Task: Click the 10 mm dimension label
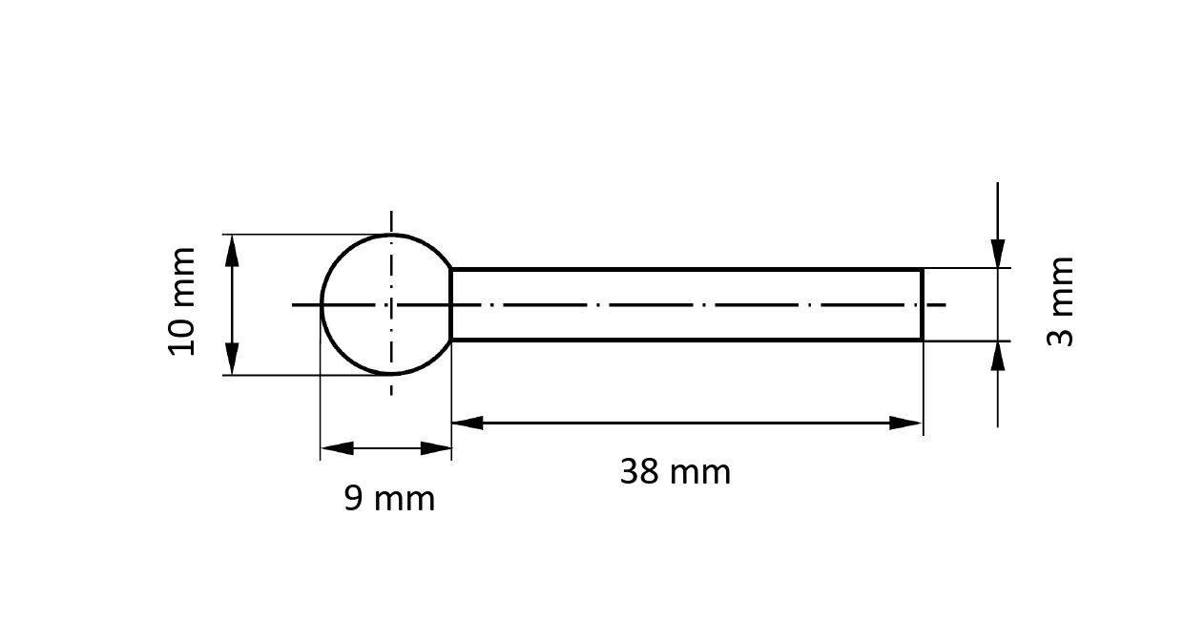[x=181, y=301]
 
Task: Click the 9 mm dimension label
[x=389, y=499]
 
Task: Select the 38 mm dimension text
[x=675, y=472]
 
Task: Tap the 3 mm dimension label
[x=1061, y=301]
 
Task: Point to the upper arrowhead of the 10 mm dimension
[x=231, y=248]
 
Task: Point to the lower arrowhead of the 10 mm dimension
[x=231, y=361]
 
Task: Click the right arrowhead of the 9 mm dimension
[x=436, y=448]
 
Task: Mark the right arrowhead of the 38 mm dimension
[x=905, y=423]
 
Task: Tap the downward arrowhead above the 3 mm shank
[x=998, y=254]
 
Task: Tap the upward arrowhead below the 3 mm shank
[x=998, y=355]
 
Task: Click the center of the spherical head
[x=391, y=304]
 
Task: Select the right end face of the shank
[x=922, y=304]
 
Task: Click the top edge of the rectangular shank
[x=687, y=270]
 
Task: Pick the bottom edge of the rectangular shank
[x=687, y=340]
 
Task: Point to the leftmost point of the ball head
[x=322, y=304]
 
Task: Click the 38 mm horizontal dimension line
[x=687, y=423]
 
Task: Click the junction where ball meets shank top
[x=451, y=270]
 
